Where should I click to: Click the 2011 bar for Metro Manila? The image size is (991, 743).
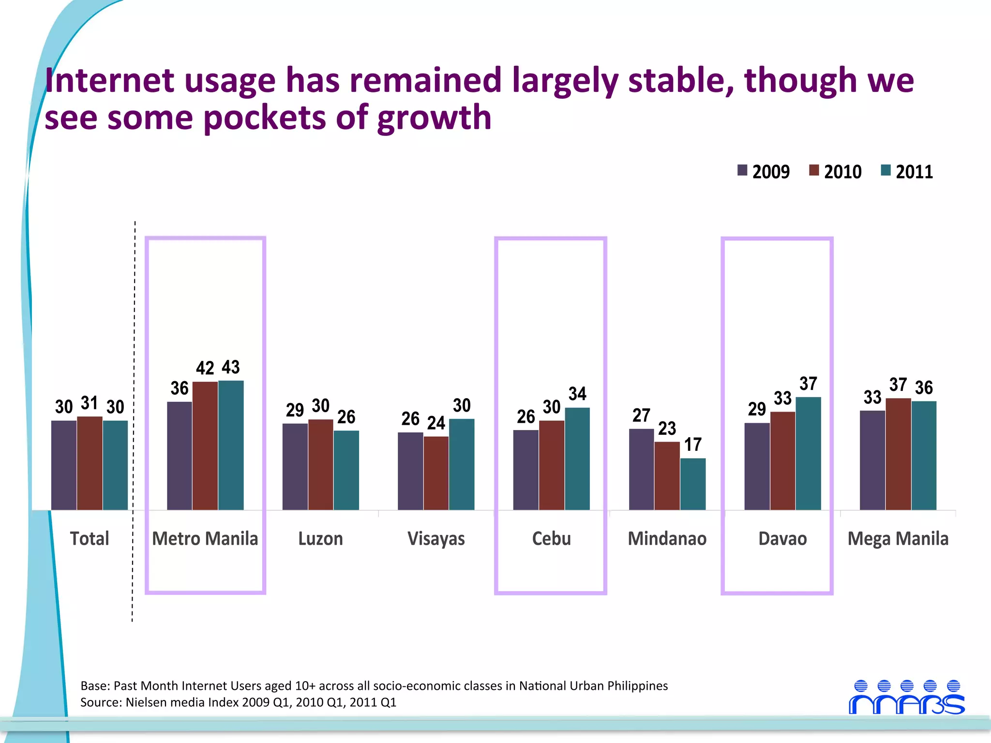231,445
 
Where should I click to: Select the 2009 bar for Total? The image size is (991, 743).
64,465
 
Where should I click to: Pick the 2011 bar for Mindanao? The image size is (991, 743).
693,484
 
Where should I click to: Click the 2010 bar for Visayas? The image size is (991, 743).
436,473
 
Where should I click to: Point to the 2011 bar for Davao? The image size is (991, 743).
808,453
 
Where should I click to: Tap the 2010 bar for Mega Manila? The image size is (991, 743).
898,454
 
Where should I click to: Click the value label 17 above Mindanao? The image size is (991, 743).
693,445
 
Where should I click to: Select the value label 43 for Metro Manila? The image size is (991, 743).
231,367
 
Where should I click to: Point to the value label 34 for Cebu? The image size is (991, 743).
577,394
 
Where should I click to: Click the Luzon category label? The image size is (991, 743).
320,538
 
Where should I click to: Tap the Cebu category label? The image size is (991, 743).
551,538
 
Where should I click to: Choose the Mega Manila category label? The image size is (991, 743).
898,538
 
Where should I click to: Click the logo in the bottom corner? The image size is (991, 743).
907,698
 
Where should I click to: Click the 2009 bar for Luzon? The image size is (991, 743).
295,466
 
